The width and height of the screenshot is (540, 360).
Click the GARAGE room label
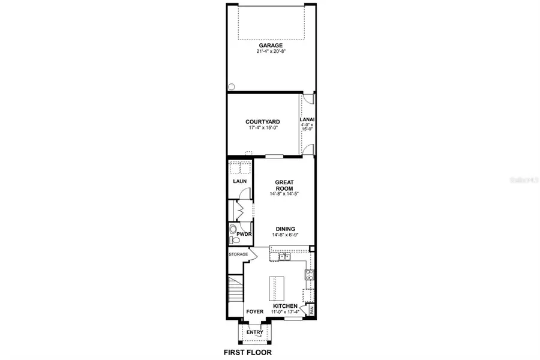[x=271, y=45]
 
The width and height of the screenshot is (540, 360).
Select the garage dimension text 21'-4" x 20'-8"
[x=271, y=52]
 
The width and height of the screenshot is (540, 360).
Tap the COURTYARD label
[x=263, y=121]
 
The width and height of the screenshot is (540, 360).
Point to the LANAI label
[x=307, y=119]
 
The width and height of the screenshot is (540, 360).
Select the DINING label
[x=284, y=228]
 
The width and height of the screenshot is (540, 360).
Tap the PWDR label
[x=244, y=233]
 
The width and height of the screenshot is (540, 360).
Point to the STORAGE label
[x=238, y=254]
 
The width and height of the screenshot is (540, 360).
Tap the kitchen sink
[x=284, y=258]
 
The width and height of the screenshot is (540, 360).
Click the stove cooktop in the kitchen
[x=310, y=275]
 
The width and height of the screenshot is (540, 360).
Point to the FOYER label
[x=254, y=312]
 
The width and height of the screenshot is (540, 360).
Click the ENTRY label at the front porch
[x=254, y=332]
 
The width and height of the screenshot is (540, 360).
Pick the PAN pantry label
[x=312, y=310]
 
